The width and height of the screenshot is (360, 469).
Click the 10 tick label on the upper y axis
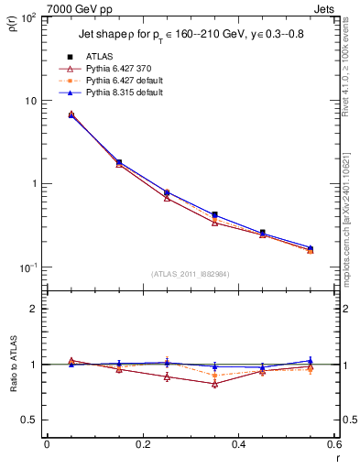point(30,101)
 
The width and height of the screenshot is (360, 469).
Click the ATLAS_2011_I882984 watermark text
point(191,274)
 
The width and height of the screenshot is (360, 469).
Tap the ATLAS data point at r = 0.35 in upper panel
point(214,214)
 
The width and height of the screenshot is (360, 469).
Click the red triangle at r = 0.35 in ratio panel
point(214,384)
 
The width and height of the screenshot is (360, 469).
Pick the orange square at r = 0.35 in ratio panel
point(214,376)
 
